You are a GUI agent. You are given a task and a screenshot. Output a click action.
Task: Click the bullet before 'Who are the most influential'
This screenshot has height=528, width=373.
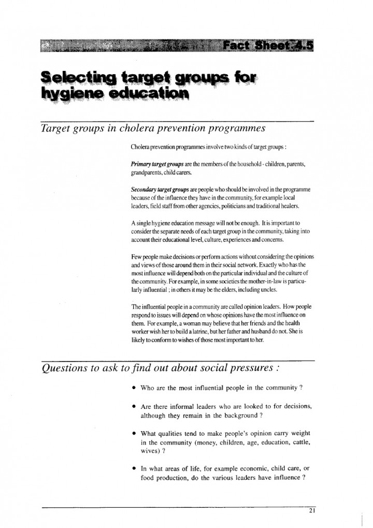point(134,388)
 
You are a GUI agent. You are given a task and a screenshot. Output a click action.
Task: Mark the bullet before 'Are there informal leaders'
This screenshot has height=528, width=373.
point(134,407)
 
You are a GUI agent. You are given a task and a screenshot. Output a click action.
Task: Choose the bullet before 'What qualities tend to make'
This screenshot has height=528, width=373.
point(134,433)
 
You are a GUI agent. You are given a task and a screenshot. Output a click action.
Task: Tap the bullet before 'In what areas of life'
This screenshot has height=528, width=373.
point(134,469)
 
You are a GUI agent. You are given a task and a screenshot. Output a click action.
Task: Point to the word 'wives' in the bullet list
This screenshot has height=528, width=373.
point(150,451)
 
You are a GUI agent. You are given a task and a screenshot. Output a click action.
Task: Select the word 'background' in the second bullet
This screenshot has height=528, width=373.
point(231,416)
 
